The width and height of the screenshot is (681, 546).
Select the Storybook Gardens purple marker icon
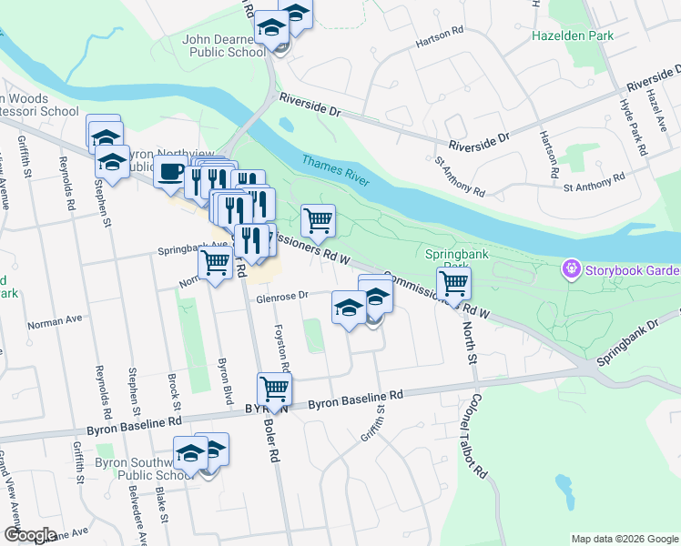pos(572,268)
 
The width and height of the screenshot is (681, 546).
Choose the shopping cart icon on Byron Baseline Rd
pos(274,389)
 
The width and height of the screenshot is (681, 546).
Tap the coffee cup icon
pos(170,171)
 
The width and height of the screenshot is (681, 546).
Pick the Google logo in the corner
pos(30,535)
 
